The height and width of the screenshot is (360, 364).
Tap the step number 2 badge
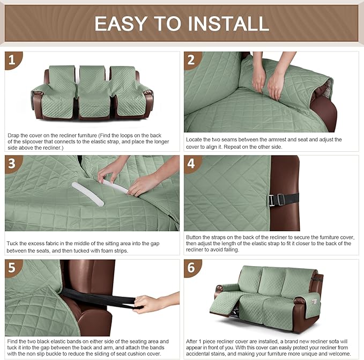pos(192,60)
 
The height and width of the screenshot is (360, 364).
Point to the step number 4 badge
pos(192,164)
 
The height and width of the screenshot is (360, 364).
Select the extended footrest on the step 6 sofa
pos(226,308)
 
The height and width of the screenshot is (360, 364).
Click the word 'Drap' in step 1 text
pos(14,136)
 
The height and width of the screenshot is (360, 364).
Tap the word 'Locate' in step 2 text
pos(195,139)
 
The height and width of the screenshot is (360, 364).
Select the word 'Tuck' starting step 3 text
pos(13,243)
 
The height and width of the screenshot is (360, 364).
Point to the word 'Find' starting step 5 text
pos(13,341)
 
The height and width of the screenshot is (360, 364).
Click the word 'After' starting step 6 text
pos(194,341)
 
